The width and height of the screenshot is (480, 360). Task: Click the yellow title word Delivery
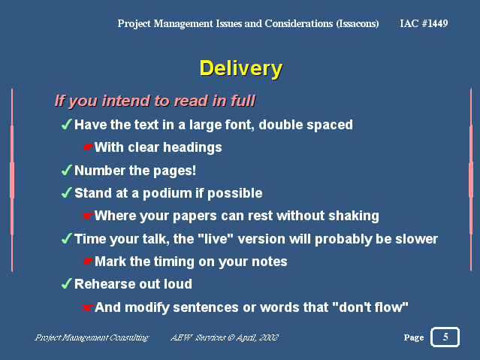[241, 68]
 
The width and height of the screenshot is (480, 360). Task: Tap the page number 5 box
[445, 337]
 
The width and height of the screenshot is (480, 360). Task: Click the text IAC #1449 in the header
[424, 23]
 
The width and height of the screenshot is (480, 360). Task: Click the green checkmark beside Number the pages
[67, 170]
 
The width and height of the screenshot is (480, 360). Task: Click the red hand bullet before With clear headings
[88, 147]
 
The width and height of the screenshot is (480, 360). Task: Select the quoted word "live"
[213, 239]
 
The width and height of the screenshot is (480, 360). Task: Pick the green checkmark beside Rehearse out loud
[67, 283]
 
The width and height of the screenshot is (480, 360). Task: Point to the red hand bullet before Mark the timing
[88, 262]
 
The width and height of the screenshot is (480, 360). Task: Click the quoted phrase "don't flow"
[370, 307]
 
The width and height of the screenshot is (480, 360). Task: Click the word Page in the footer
[414, 337]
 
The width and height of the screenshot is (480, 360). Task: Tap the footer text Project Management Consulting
[92, 337]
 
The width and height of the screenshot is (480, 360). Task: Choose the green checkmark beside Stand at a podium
[67, 192]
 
